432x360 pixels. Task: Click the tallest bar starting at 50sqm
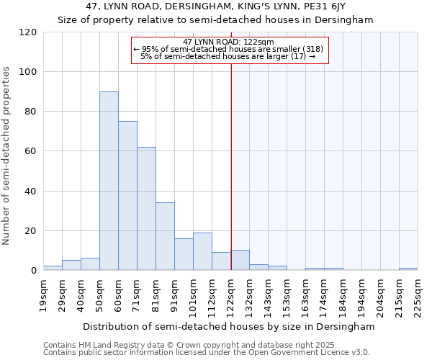109,181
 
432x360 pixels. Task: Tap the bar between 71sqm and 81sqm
146,209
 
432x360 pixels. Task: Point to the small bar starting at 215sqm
408,269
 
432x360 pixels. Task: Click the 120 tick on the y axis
28,32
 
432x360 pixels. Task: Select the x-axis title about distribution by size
229,326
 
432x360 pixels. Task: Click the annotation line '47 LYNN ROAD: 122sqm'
228,42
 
